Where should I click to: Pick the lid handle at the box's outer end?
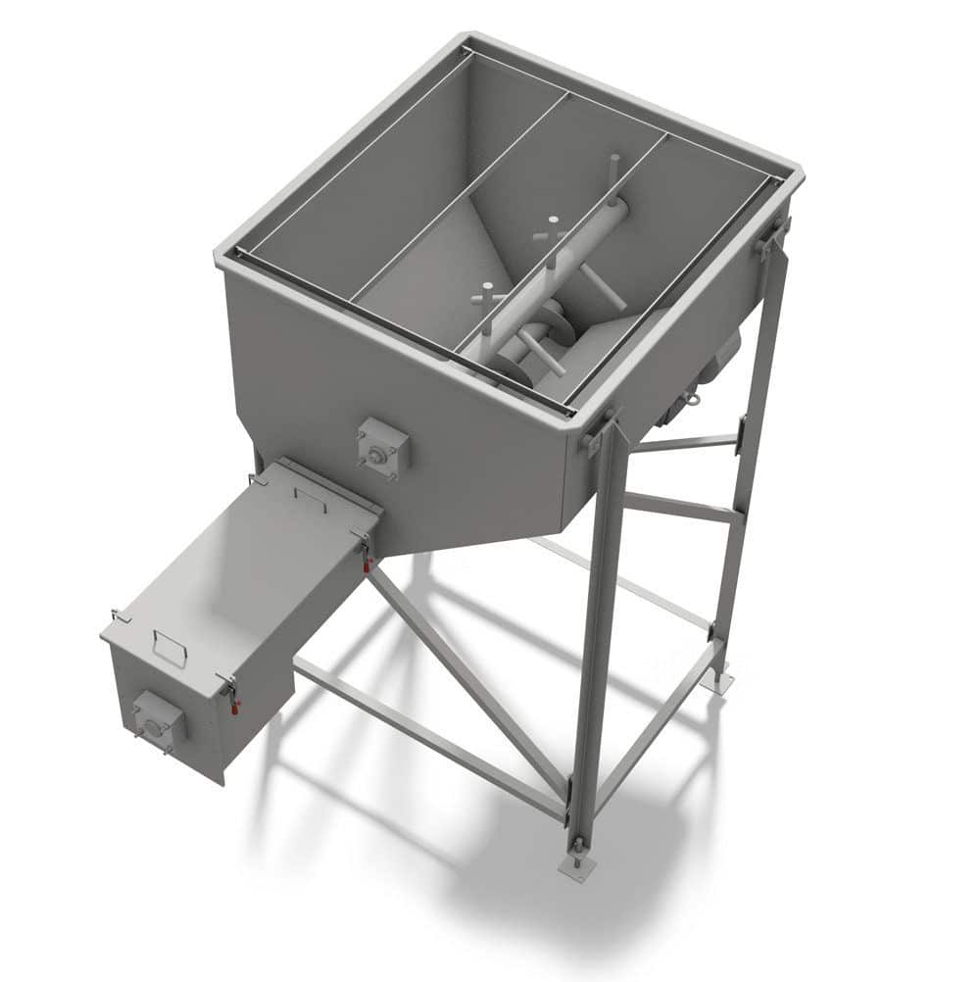170,648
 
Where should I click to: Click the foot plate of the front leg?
576,867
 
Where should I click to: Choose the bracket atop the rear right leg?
772,236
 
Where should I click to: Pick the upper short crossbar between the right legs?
686,443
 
